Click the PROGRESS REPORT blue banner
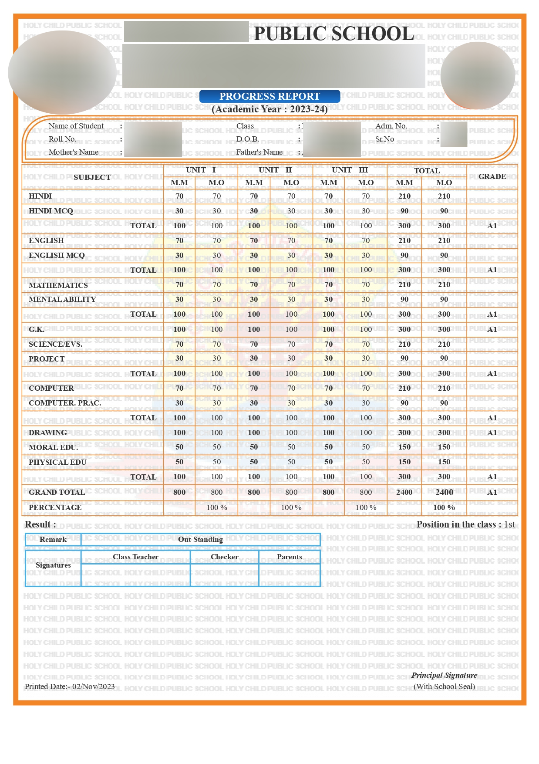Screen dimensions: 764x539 (269, 96)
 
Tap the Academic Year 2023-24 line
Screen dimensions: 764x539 (269, 109)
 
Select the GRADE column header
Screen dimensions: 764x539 (492, 176)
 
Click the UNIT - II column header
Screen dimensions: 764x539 (275, 170)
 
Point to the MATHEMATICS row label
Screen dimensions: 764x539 (58, 285)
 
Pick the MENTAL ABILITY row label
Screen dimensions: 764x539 (62, 299)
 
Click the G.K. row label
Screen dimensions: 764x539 (37, 329)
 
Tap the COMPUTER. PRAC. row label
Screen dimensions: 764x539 (65, 403)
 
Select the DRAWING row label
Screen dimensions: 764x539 (48, 433)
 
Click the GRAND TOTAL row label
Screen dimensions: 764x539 (57, 492)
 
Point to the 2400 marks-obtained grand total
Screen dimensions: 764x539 (444, 492)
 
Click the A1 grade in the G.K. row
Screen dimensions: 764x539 (492, 329)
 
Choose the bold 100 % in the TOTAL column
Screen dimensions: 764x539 (444, 507)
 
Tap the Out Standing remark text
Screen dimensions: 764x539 (200, 539)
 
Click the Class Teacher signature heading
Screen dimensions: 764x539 (135, 557)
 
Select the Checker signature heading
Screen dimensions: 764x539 (224, 557)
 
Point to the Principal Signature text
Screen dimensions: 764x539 (444, 675)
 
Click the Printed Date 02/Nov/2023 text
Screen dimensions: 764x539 (70, 686)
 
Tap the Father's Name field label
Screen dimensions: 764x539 (259, 152)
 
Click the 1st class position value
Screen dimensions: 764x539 (509, 524)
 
